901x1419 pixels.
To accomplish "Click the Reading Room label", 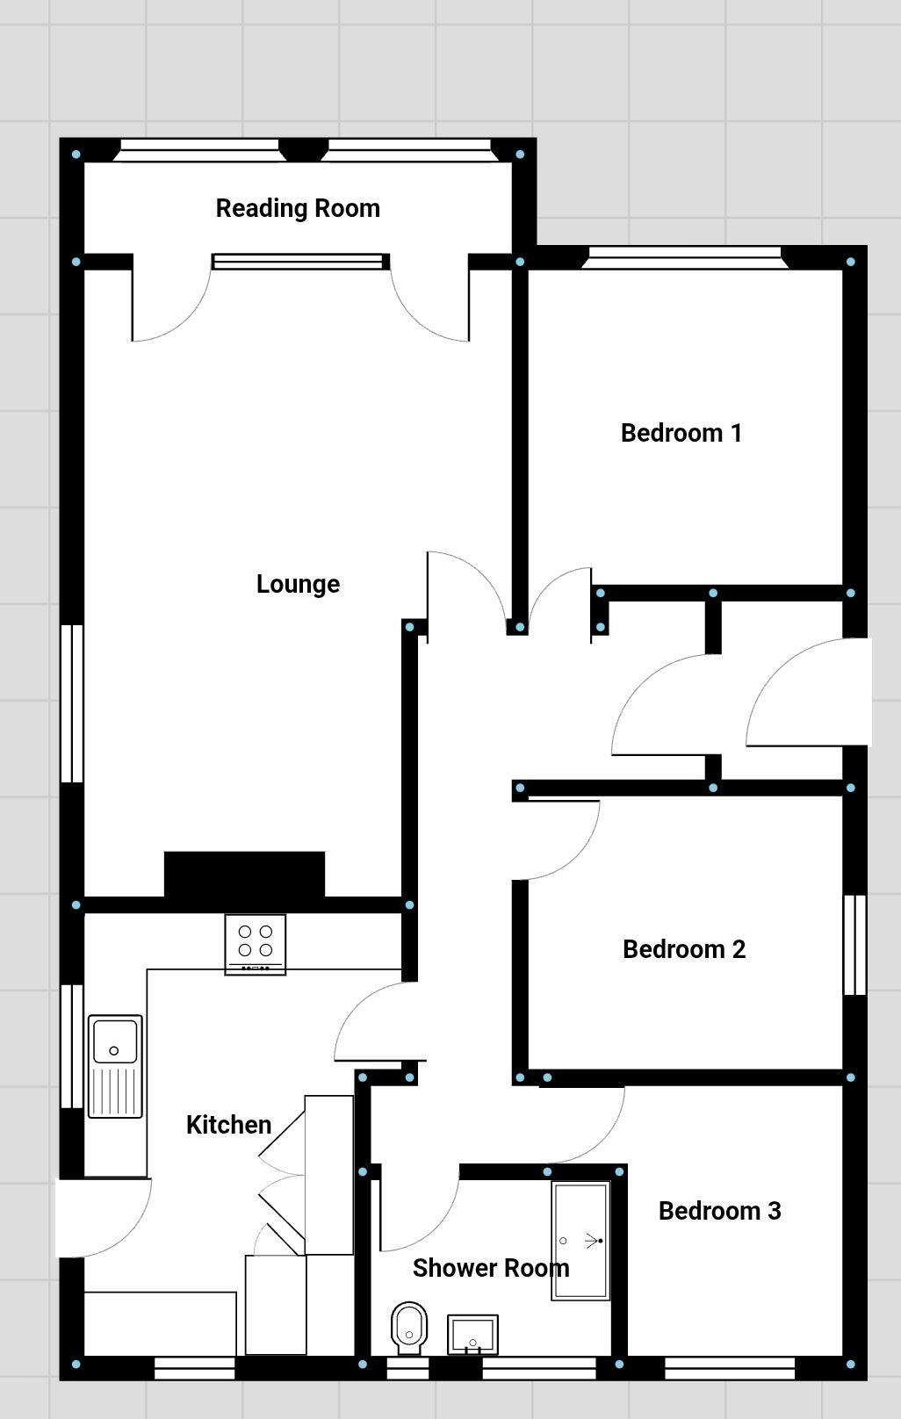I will [298, 208].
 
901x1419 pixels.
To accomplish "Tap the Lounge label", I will [298, 584].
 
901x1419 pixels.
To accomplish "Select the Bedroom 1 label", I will [681, 433].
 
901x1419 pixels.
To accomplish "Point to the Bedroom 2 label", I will [683, 949].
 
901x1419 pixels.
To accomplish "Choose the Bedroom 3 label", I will [719, 1211].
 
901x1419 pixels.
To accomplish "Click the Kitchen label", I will [228, 1125].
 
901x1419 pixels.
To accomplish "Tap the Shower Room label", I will [491, 1268].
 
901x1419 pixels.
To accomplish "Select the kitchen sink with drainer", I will [115, 1066].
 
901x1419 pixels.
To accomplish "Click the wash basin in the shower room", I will [472, 1334].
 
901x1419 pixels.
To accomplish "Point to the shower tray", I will [580, 1241].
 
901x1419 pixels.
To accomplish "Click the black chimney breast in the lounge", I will [244, 875].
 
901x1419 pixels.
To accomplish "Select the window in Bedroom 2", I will [854, 945].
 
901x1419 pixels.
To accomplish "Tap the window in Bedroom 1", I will [683, 257].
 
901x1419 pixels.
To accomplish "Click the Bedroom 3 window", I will [729, 1367].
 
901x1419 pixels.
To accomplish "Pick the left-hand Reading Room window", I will [198, 151].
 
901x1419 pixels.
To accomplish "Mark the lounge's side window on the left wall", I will [72, 702].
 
